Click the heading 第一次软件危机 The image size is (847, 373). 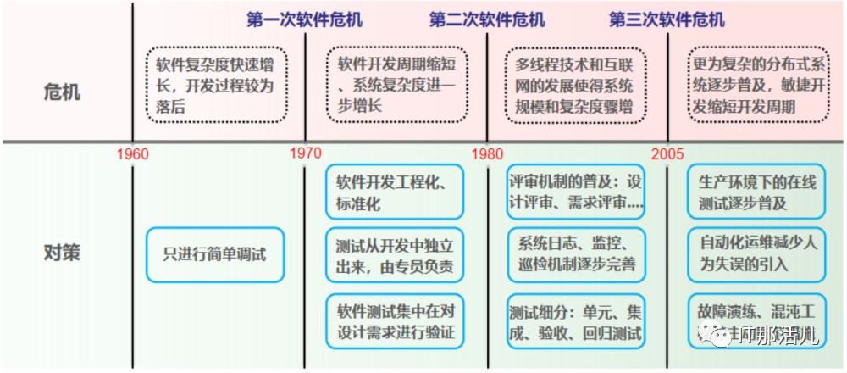pos(304,19)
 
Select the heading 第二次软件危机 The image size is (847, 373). pos(487,19)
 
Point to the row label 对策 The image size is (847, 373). pos(61,252)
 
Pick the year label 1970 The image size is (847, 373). pos(305,154)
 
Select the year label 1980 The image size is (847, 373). pos(487,154)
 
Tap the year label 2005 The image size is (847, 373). pos(668,154)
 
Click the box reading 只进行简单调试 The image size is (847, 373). pos(214,253)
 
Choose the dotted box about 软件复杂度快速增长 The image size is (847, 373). pos(218,85)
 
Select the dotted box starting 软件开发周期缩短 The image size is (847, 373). pos(396,85)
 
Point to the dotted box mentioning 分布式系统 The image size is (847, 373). pos(756,85)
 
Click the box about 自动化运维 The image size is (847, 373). pos(757,253)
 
